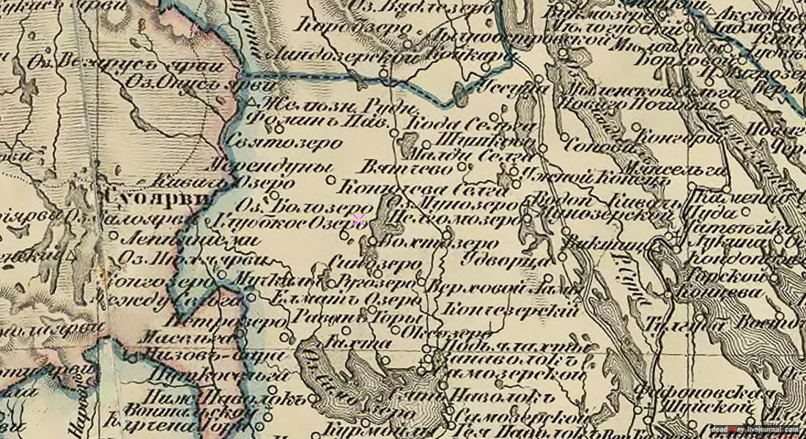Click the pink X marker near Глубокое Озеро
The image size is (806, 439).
click(359, 220)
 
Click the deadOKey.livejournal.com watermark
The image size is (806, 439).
click(755, 429)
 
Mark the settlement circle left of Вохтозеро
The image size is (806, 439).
click(372, 240)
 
